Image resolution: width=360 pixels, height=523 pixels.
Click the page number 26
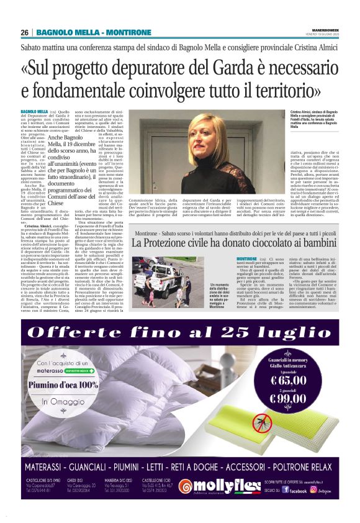click(x=24, y=32)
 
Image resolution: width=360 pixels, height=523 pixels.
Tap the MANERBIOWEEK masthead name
click(x=322, y=28)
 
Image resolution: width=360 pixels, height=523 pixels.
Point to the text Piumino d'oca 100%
click(x=62, y=384)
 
